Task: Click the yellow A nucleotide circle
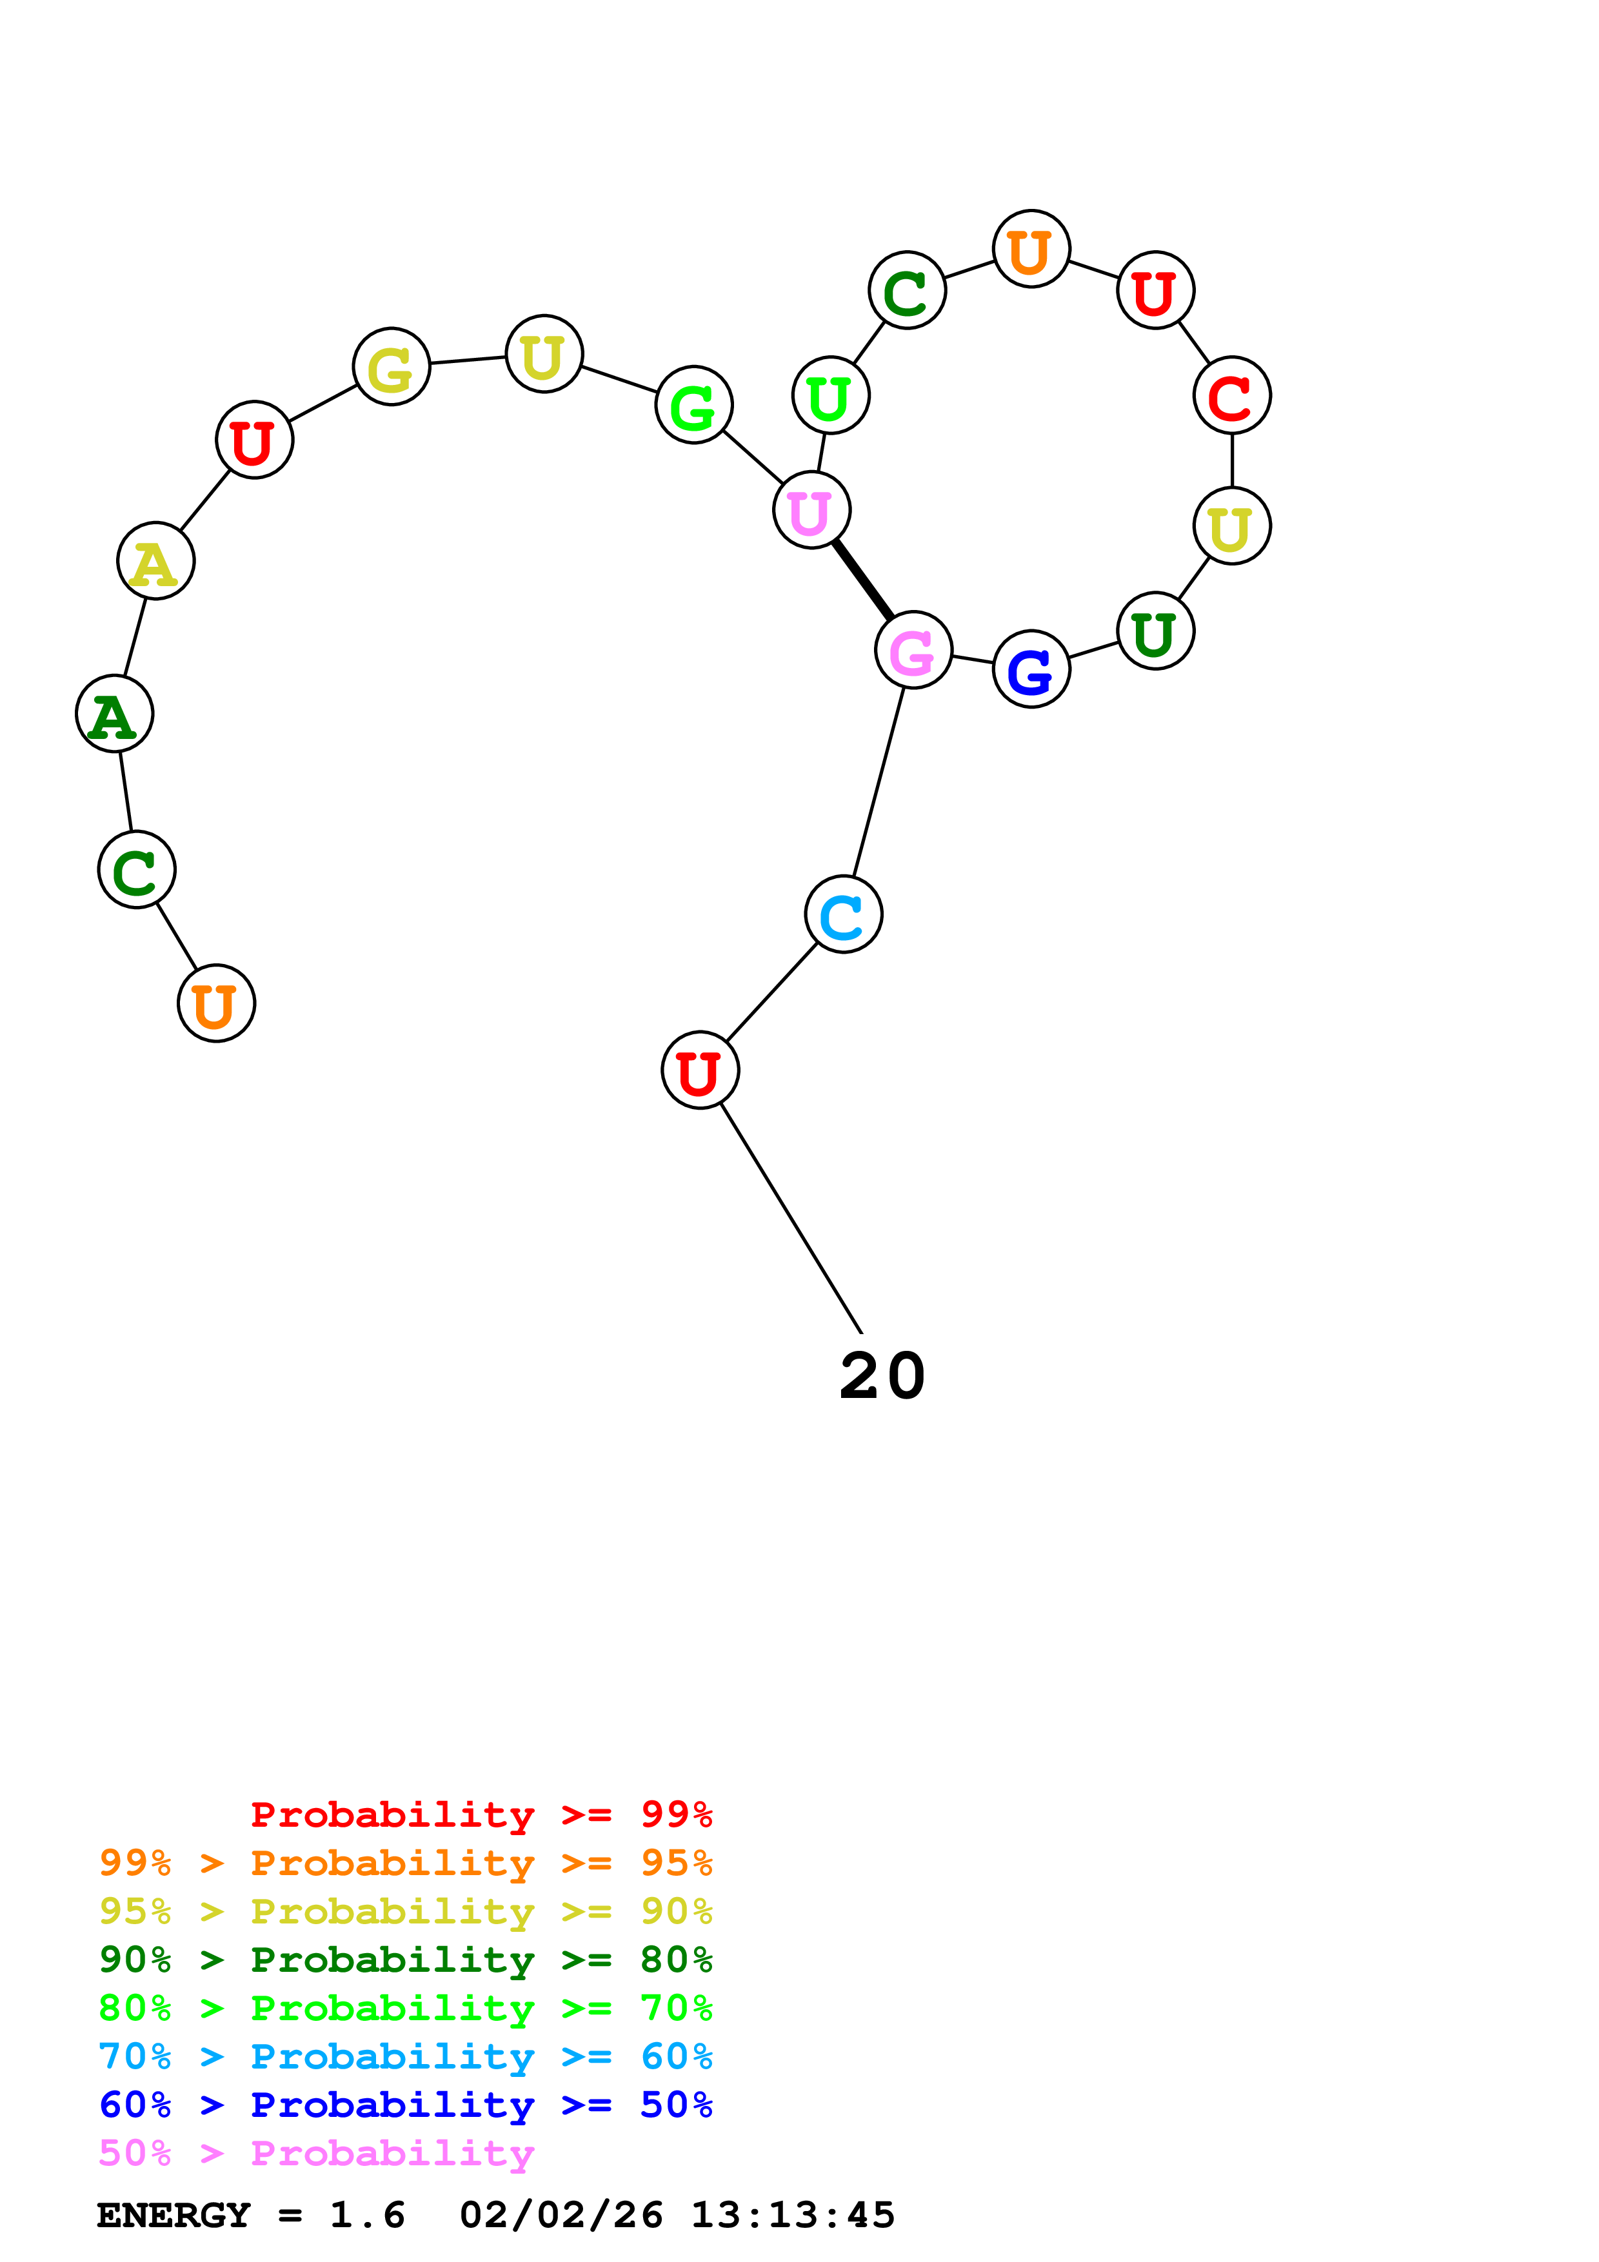(x=155, y=560)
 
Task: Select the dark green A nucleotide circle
(x=114, y=713)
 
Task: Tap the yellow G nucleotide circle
(x=391, y=366)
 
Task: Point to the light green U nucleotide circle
(x=831, y=395)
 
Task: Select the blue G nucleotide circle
(x=1031, y=669)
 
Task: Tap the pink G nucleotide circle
(x=913, y=650)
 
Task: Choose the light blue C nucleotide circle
(x=843, y=914)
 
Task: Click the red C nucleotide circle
(x=1231, y=395)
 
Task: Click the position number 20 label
(x=882, y=1375)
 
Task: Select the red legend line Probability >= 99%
(x=481, y=1814)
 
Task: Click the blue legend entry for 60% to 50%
(x=405, y=2105)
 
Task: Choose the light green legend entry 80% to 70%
(x=405, y=2008)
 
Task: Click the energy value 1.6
(x=366, y=2215)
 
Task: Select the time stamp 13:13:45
(x=792, y=2215)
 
